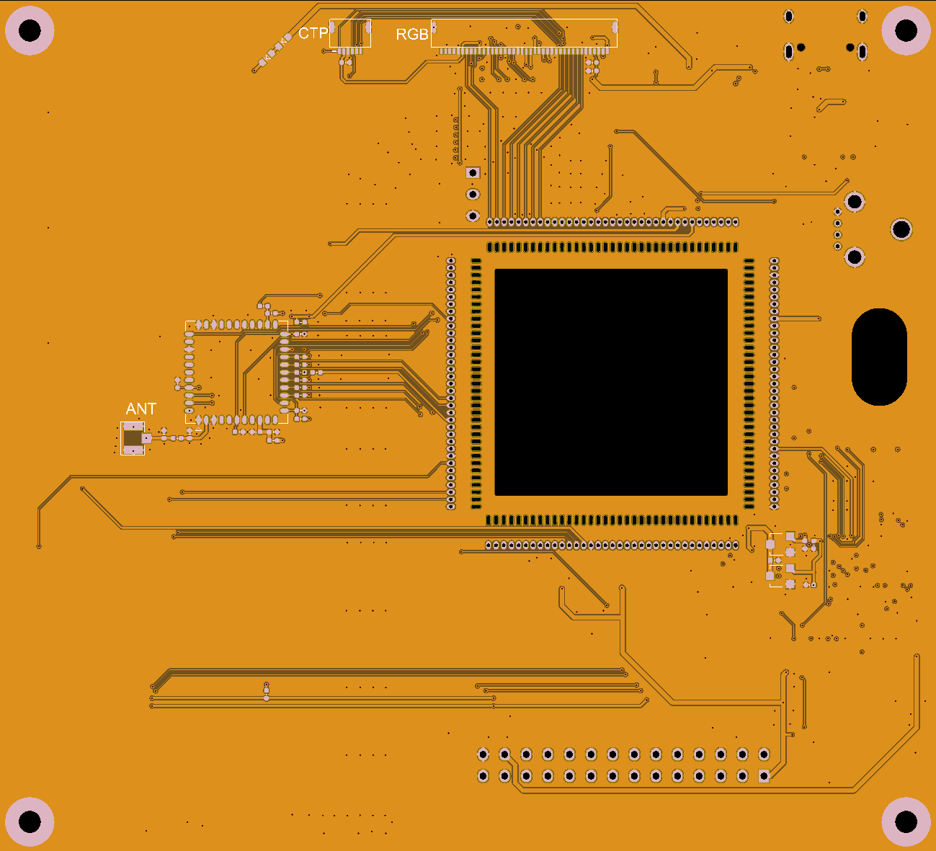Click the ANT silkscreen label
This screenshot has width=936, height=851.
pos(141,409)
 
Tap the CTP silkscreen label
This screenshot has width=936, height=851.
pos(313,33)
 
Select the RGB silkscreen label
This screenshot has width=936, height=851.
pos(412,34)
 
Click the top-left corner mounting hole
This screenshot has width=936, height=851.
pos(30,31)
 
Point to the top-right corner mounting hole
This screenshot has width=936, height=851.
pos(906,31)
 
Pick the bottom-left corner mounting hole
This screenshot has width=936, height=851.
pos(30,821)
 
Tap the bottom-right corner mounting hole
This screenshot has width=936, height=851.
pos(906,821)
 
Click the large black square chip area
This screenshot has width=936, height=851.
pos(611,383)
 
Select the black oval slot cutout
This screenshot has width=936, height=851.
pos(880,357)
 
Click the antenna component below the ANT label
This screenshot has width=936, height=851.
pos(133,438)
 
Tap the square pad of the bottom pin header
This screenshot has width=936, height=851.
pos(764,776)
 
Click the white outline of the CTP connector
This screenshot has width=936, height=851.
pos(350,33)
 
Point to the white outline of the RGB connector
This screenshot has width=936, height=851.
pos(524,33)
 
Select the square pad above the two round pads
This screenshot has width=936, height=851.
pos(473,173)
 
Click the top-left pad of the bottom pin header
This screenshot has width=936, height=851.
pos(483,754)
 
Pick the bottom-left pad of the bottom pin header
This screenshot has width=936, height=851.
pos(483,776)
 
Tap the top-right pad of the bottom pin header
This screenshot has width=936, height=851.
pos(764,754)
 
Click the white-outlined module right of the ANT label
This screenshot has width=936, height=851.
pos(236,373)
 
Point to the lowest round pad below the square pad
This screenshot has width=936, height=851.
pos(473,216)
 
